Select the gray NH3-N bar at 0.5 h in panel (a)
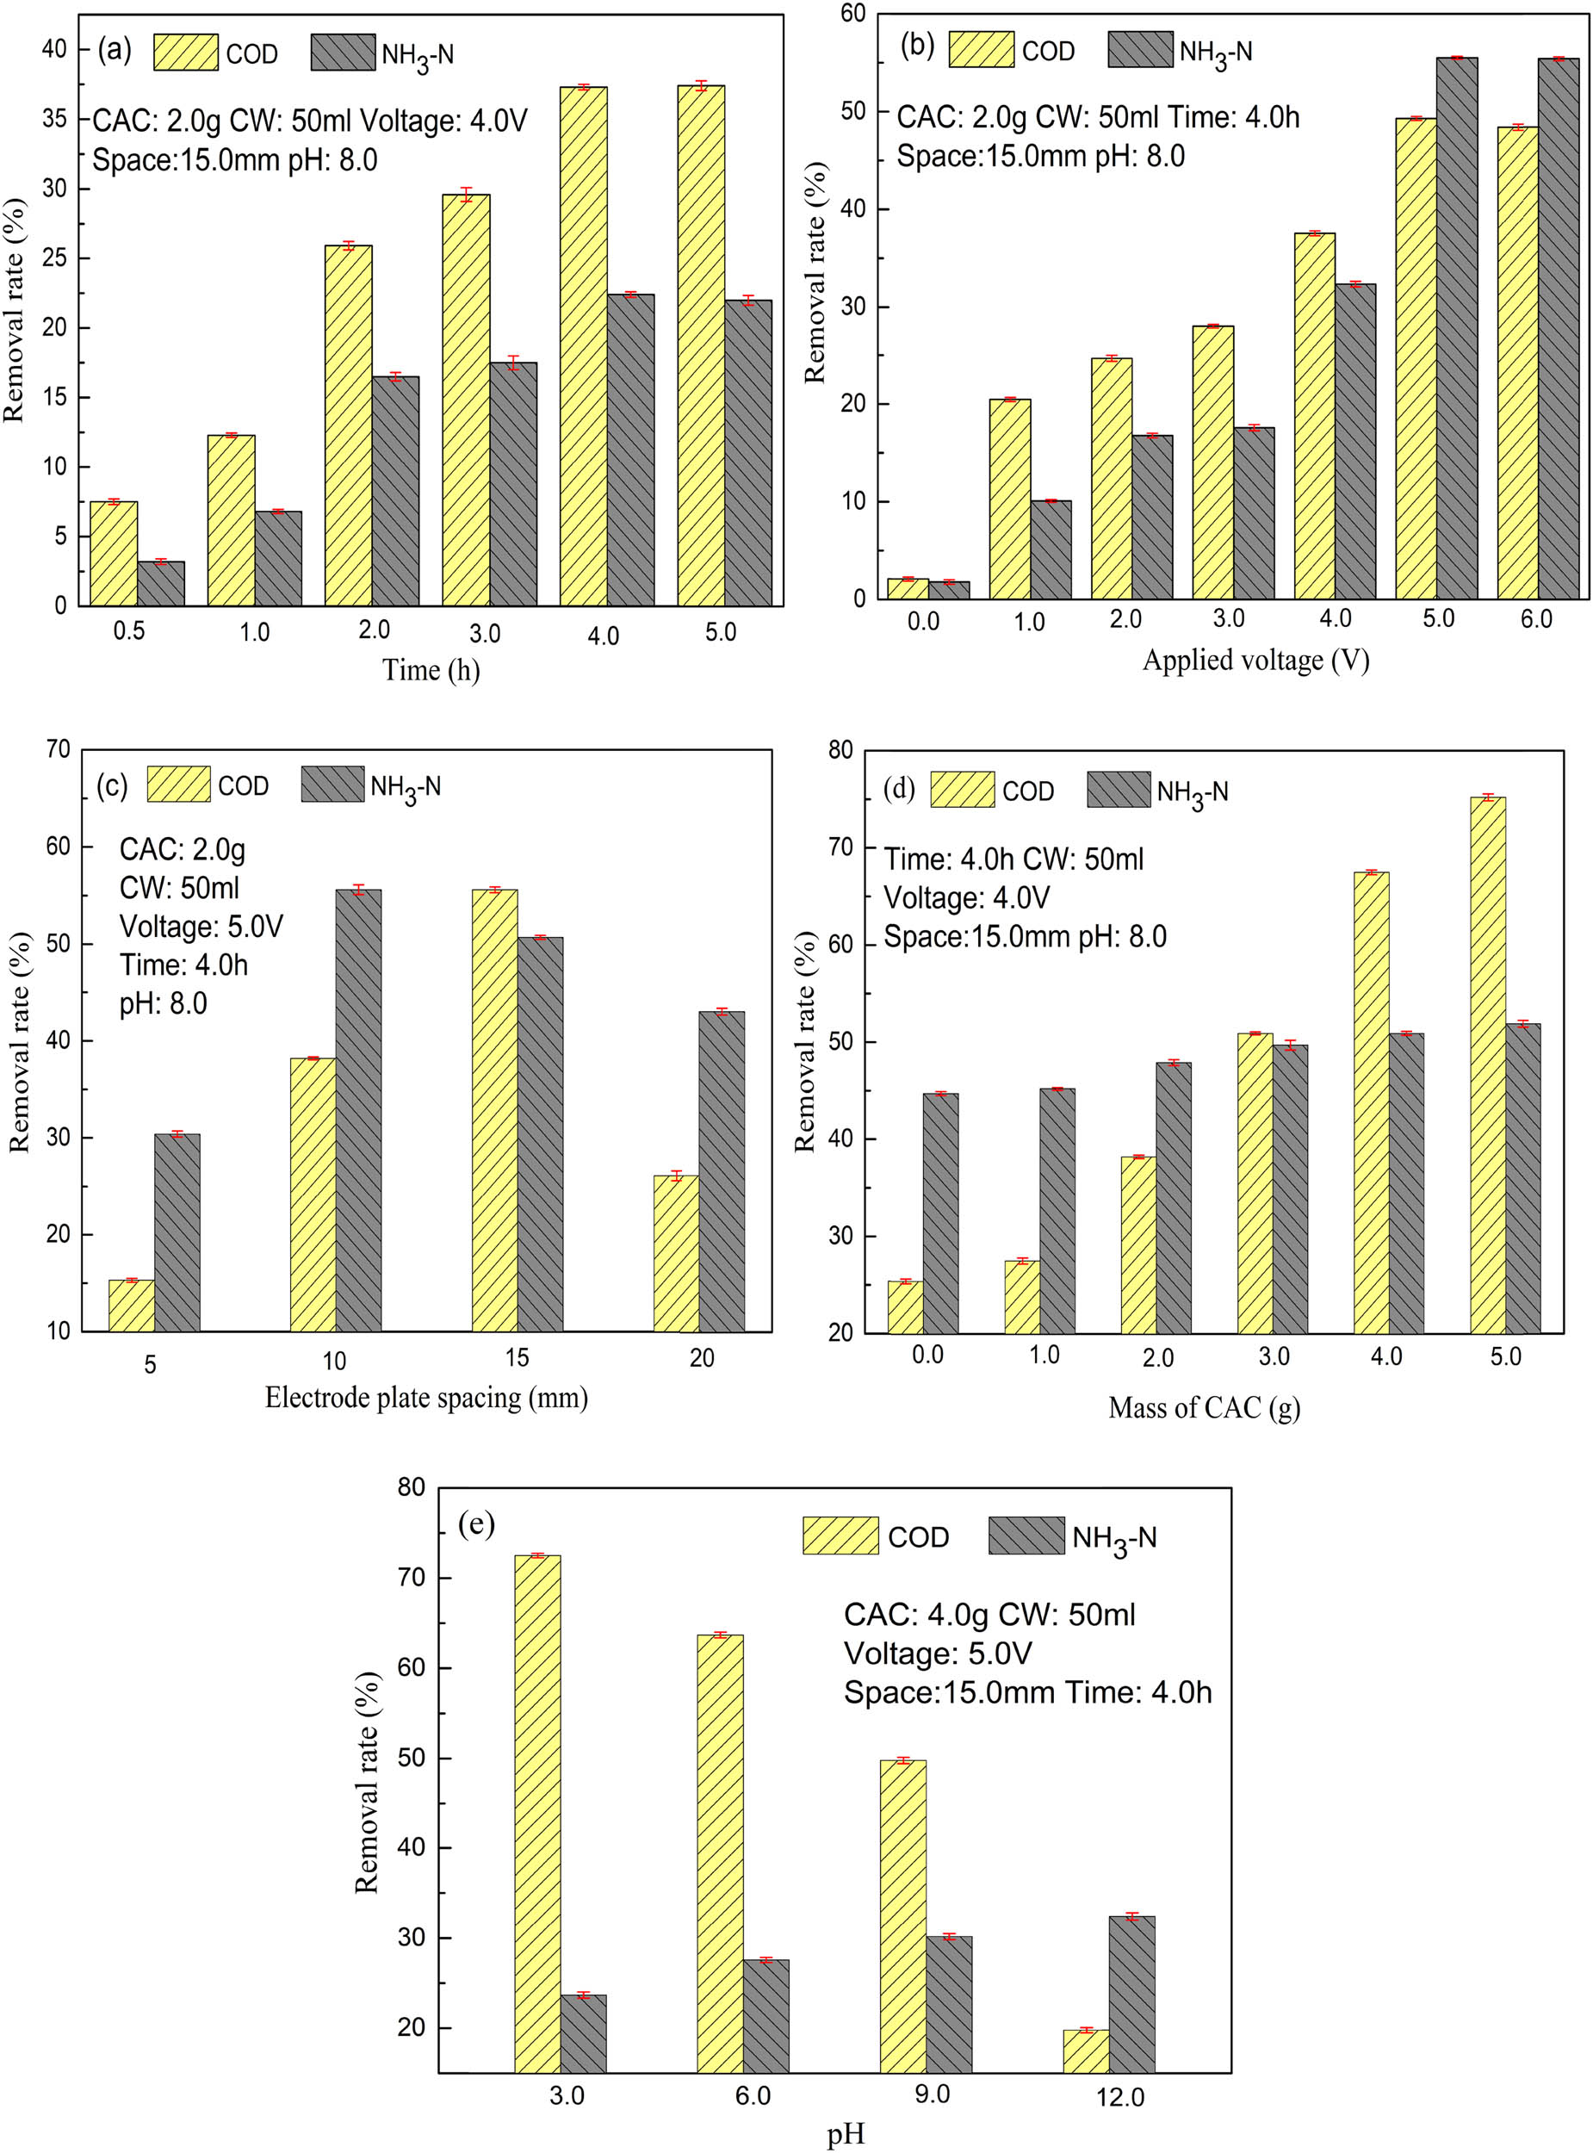click(x=161, y=584)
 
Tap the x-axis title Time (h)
click(x=431, y=669)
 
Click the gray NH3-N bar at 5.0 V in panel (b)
click(x=1456, y=328)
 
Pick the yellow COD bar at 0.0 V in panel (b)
click(x=908, y=589)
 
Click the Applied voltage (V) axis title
click(x=1255, y=660)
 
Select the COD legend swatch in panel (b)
click(x=981, y=50)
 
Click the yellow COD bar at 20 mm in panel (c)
click(x=676, y=1253)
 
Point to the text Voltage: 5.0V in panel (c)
click(x=201, y=927)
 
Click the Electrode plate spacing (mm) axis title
click(x=426, y=1397)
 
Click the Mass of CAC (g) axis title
click(x=1204, y=1408)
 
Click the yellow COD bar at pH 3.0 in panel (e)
click(x=537, y=1813)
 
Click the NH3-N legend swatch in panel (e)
click(x=1026, y=1535)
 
